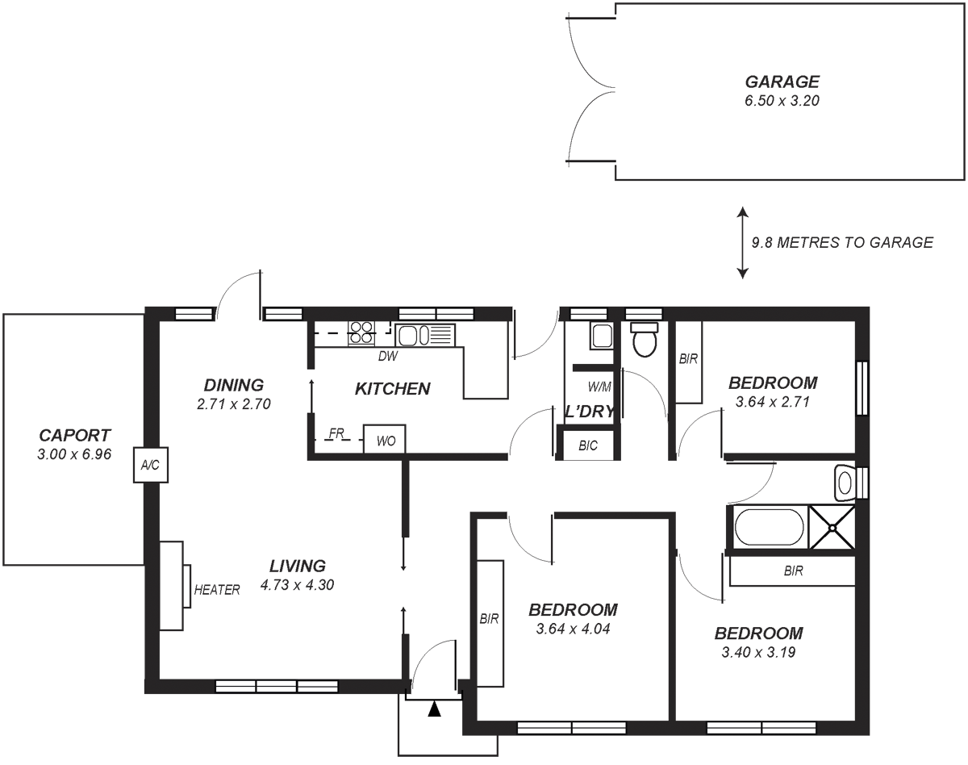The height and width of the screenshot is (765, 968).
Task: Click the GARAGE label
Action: [782, 82]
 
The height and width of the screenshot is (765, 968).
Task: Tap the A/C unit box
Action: [151, 465]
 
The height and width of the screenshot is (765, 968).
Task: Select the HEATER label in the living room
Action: [217, 590]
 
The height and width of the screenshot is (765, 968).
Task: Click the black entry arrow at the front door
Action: [435, 709]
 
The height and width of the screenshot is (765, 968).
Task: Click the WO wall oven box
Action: [384, 441]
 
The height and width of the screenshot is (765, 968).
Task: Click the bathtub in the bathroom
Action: [769, 527]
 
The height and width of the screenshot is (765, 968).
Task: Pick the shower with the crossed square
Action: [832, 528]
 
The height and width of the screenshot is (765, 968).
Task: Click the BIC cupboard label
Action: [588, 446]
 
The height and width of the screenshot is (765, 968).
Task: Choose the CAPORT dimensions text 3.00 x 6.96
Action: [73, 454]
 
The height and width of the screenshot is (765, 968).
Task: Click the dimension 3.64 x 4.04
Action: [572, 629]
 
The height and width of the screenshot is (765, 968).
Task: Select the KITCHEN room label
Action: [392, 389]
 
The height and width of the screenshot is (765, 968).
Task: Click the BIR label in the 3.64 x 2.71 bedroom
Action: [688, 359]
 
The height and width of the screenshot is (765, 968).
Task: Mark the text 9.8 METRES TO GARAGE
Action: [842, 242]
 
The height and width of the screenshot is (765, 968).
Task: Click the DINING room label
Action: [233, 385]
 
